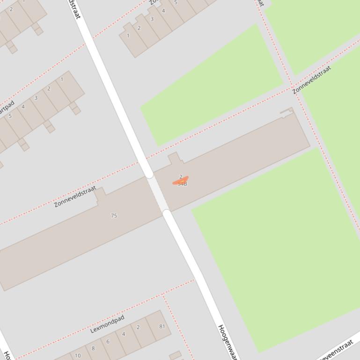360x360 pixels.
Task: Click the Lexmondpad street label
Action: (x=107, y=324)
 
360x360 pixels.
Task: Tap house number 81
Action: (x=162, y=326)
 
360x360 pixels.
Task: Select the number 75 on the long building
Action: (x=114, y=216)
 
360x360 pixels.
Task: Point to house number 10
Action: (x=77, y=355)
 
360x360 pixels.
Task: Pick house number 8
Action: (x=93, y=348)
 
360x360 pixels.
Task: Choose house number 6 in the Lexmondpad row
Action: (x=108, y=341)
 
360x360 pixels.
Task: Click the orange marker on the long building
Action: (x=180, y=181)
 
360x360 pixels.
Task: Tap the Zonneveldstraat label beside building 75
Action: (x=75, y=196)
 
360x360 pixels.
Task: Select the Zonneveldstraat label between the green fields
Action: (x=312, y=79)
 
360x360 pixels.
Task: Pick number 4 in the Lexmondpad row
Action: (x=124, y=334)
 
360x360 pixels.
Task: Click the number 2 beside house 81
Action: (x=138, y=327)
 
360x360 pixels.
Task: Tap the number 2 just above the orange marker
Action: (x=181, y=177)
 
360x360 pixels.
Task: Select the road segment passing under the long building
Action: (x=158, y=194)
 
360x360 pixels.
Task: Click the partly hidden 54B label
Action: (x=183, y=184)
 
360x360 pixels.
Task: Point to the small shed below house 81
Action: (x=175, y=356)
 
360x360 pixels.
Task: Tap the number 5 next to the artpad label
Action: (x=10, y=116)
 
